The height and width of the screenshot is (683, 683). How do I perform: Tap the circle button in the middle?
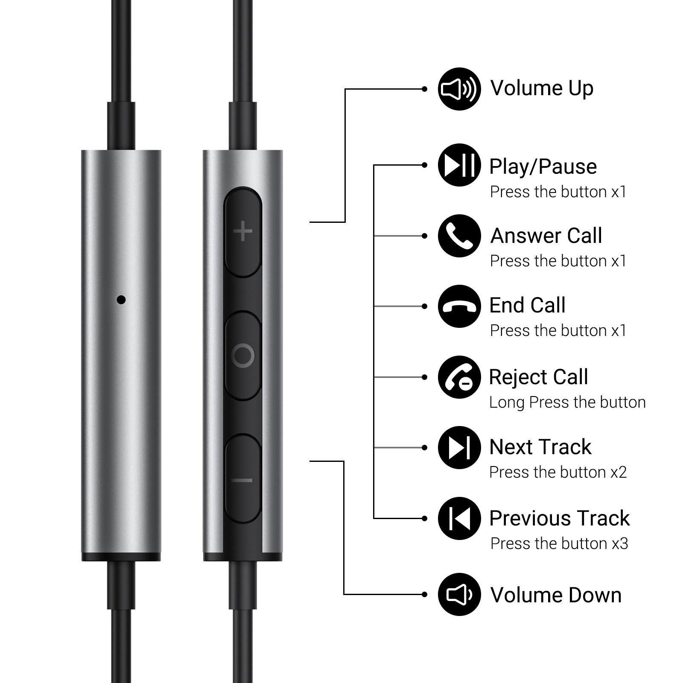pyautogui.click(x=243, y=355)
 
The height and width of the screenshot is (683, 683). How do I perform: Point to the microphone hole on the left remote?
pyautogui.click(x=121, y=300)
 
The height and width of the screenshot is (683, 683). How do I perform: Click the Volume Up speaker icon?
pyautogui.click(x=459, y=89)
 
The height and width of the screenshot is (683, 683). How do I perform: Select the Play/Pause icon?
pyautogui.click(x=459, y=165)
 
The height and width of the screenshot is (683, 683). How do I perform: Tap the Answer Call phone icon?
pyautogui.click(x=459, y=236)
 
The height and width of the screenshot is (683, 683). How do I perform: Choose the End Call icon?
pyautogui.click(x=459, y=306)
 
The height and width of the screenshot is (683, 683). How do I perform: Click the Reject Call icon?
pyautogui.click(x=459, y=377)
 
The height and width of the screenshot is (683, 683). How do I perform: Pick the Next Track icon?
pyautogui.click(x=459, y=447)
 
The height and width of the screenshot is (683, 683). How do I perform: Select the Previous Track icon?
pyautogui.click(x=459, y=518)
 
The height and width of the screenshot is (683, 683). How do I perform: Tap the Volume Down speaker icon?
pyautogui.click(x=459, y=594)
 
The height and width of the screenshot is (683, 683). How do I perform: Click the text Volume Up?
pyautogui.click(x=542, y=88)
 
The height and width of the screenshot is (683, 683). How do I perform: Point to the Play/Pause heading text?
pyautogui.click(x=543, y=166)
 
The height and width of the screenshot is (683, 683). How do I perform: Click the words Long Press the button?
pyautogui.click(x=567, y=402)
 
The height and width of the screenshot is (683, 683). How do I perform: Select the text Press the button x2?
pyautogui.click(x=558, y=472)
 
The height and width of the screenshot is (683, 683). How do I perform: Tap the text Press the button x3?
pyautogui.click(x=559, y=543)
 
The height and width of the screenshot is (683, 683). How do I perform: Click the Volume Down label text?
pyautogui.click(x=556, y=595)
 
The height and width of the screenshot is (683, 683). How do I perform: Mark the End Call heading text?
pyautogui.click(x=527, y=305)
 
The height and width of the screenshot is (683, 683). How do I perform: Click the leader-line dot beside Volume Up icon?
pyautogui.click(x=424, y=89)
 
